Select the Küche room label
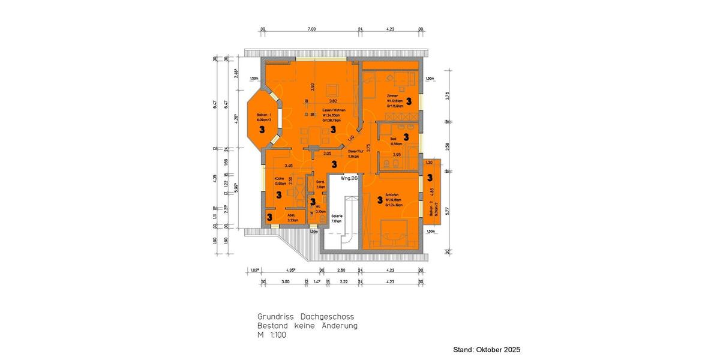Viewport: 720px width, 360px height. pos(279,179)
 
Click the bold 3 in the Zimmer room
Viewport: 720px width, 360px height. pos(409,101)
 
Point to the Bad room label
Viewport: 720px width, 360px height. pos(394,139)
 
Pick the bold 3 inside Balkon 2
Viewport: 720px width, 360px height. pos(430,178)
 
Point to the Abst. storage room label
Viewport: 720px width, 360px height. pos(291,215)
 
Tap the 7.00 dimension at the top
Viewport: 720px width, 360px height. pos(311,29)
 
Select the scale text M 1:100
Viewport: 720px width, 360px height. pos(272,335)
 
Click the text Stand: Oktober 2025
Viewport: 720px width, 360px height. pos(487,349)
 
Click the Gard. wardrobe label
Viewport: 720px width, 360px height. pos(320,182)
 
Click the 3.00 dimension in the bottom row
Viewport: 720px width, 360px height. pos(285,281)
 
